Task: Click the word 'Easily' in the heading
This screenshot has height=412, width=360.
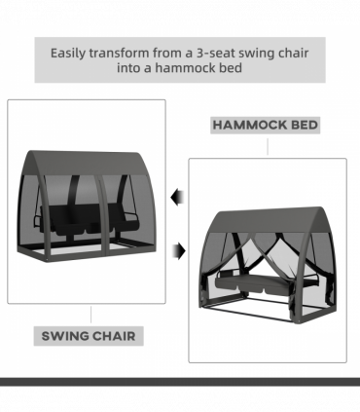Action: (68, 54)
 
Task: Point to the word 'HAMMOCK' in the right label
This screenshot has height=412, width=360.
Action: (250, 125)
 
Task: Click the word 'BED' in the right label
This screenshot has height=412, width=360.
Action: (305, 125)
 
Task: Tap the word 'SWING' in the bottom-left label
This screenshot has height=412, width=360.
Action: (63, 336)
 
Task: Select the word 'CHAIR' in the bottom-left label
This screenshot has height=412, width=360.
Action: (112, 336)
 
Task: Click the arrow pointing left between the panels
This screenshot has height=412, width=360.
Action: (177, 198)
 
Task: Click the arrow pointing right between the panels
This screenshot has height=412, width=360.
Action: (179, 251)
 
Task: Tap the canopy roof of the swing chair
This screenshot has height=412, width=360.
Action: (88, 163)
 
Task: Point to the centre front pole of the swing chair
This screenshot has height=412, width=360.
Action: (102, 216)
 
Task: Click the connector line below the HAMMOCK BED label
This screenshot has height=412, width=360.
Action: (268, 147)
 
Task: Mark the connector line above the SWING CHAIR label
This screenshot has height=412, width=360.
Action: (90, 315)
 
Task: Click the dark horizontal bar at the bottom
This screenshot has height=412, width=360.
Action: (180, 382)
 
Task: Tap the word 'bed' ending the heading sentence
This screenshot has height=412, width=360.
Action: (232, 68)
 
